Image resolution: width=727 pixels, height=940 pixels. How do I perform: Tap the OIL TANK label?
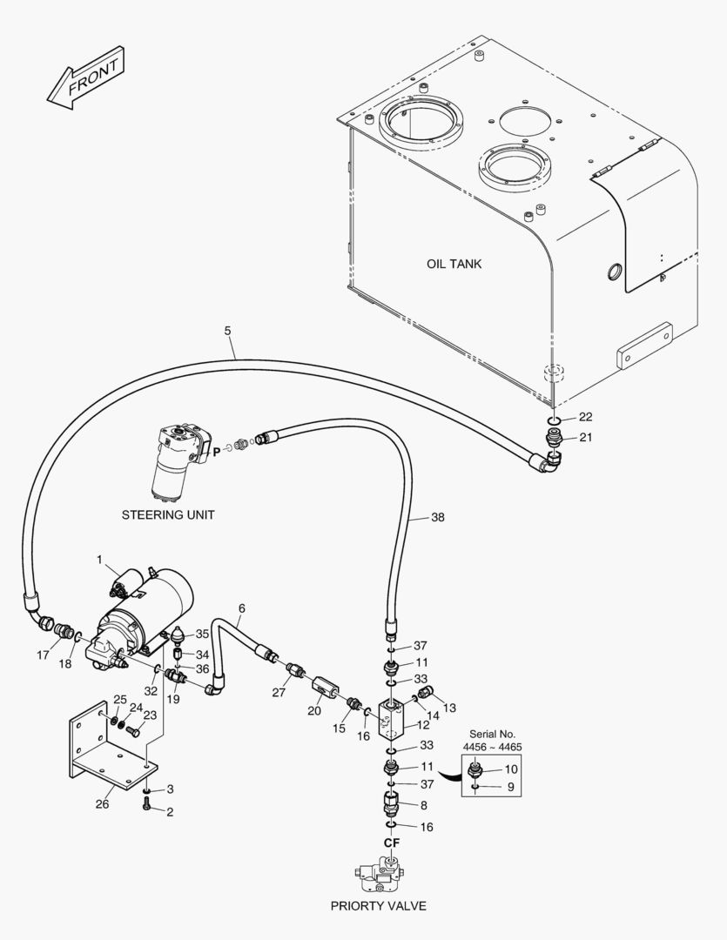pyautogui.click(x=454, y=264)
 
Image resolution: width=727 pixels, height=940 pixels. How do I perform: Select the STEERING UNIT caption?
pyautogui.click(x=167, y=514)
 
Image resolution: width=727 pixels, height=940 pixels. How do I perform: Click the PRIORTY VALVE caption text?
pyautogui.click(x=378, y=906)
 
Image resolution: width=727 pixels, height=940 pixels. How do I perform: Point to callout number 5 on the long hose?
pyautogui.click(x=228, y=331)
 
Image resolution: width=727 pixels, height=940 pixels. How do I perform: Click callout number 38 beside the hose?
pyautogui.click(x=437, y=517)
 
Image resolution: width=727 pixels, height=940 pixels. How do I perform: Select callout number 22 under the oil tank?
pyautogui.click(x=585, y=417)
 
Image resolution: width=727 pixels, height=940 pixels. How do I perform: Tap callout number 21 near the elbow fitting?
pyautogui.click(x=585, y=437)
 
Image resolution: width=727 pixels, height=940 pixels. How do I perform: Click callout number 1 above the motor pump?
pyautogui.click(x=100, y=559)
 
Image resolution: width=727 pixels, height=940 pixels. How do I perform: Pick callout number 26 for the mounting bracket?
pyautogui.click(x=102, y=803)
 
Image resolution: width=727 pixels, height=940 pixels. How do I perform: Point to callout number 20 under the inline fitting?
pyautogui.click(x=314, y=710)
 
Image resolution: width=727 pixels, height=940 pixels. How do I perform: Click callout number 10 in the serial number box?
pyautogui.click(x=511, y=769)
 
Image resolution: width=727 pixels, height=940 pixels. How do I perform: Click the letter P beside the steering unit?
pyautogui.click(x=216, y=452)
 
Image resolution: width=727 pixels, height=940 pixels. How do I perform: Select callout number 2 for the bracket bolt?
pyautogui.click(x=170, y=812)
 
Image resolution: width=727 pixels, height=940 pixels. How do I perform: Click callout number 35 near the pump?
pyautogui.click(x=202, y=634)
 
